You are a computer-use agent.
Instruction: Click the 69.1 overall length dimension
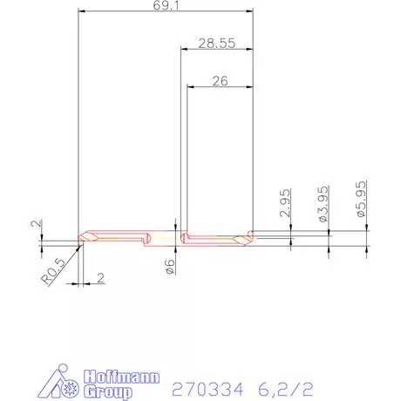[x=165, y=6]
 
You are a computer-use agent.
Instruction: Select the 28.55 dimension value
[x=215, y=42]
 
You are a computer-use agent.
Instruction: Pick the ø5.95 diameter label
[x=360, y=200]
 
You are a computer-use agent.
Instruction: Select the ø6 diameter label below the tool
[x=170, y=268]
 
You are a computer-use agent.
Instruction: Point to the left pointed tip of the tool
[x=80, y=238]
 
